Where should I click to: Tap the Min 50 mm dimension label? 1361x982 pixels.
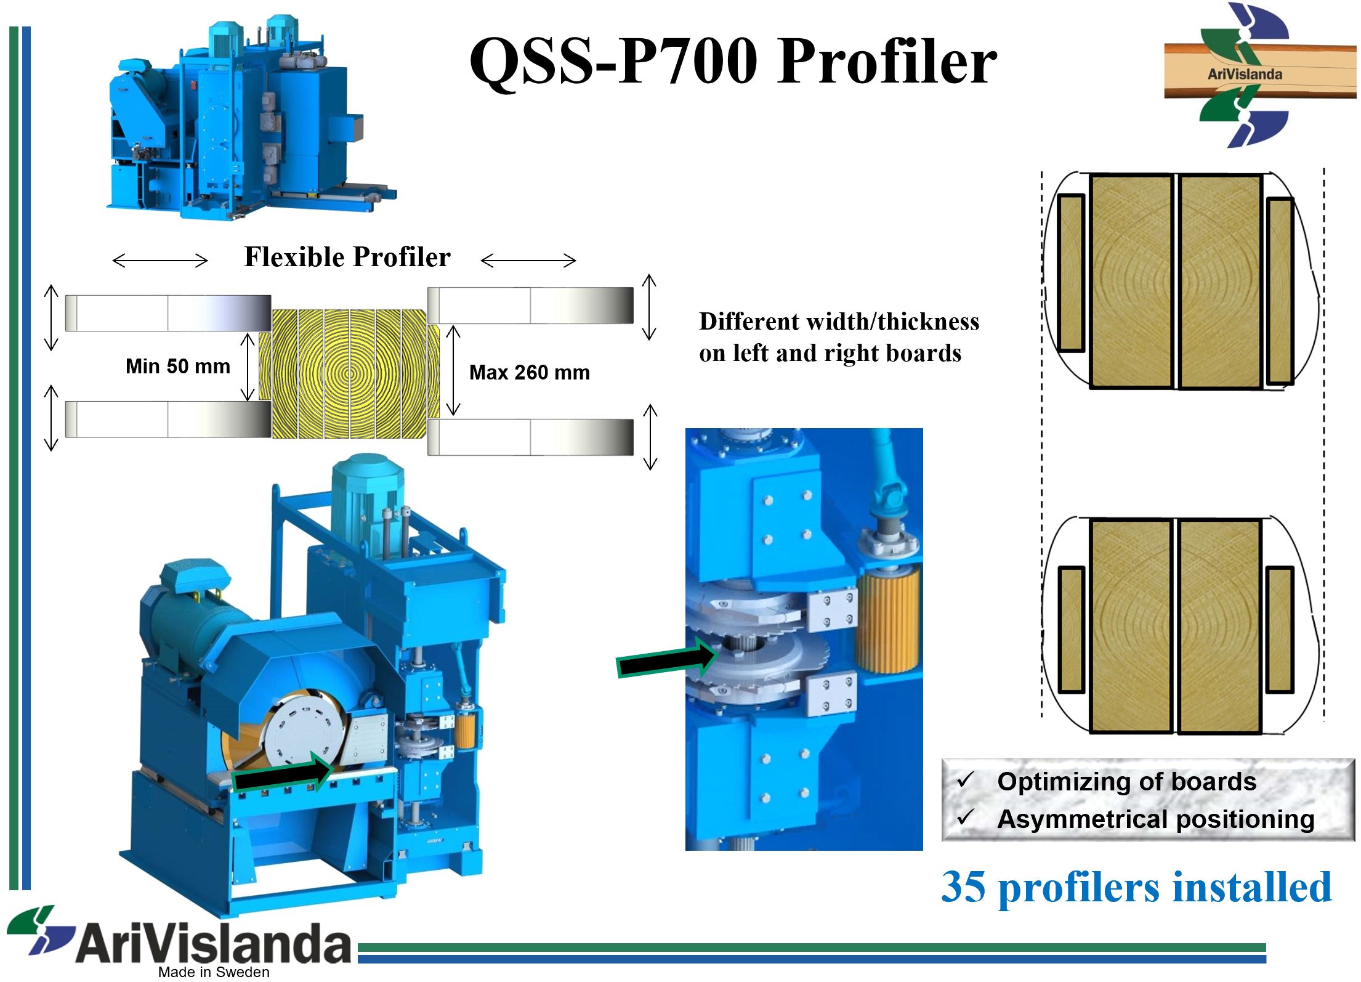point(177,367)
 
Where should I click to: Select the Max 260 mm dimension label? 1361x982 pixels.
point(530,373)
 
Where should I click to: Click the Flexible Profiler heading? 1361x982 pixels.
point(347,257)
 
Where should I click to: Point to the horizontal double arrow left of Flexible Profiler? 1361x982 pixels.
point(160,261)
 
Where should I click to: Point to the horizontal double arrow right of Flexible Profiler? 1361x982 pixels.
point(528,261)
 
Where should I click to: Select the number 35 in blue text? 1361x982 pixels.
point(964,888)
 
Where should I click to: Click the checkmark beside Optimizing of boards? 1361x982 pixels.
point(965,781)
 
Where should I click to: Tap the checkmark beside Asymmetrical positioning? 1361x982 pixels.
point(965,818)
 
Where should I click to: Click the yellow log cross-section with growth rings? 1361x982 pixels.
point(349,373)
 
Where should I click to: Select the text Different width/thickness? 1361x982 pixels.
point(839,322)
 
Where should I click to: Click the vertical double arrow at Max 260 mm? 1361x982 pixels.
point(453,370)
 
